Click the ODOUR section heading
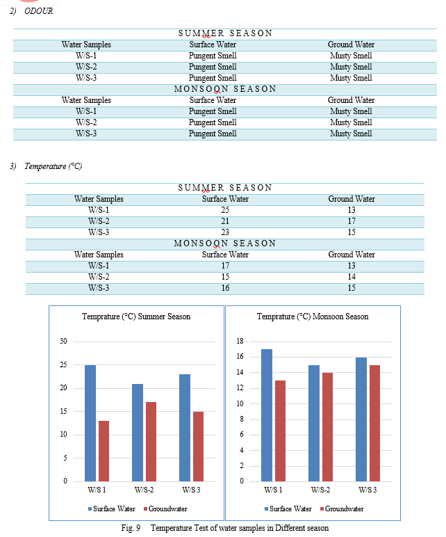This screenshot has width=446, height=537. point(39,11)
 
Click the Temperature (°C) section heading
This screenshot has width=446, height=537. point(53,166)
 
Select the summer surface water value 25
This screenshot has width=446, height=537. point(225,210)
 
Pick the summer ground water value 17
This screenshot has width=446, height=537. point(352,221)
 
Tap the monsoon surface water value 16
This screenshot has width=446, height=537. point(225,288)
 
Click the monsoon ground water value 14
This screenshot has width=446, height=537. point(352,277)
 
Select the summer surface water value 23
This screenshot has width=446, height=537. point(225,232)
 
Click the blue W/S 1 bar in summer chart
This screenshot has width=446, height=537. point(90,424)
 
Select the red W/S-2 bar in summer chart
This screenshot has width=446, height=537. point(151,442)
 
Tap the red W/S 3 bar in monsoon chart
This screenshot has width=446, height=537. point(374,424)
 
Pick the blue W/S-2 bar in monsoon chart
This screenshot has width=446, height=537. point(314,424)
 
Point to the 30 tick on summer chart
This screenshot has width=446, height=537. point(63,341)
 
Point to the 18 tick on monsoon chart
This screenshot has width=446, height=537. point(240,341)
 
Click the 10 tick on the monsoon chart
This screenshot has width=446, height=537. point(240,403)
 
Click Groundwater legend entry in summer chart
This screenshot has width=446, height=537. point(165,509)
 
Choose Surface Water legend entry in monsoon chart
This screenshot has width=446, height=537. point(288,509)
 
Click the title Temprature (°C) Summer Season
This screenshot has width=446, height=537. point(136,316)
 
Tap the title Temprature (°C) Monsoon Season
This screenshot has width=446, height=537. point(313,316)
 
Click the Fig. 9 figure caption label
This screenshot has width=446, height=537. point(131,528)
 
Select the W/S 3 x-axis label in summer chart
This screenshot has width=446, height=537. point(191,490)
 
